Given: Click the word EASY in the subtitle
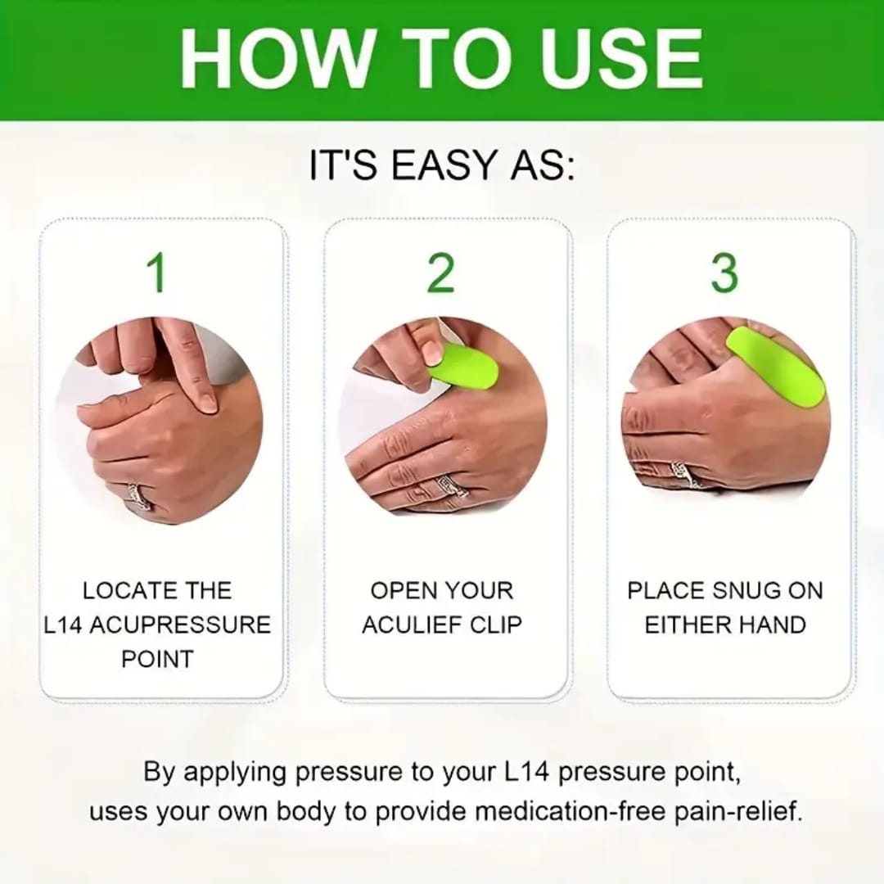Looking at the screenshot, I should pyautogui.click(x=442, y=166).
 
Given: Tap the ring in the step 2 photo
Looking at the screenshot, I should pyautogui.click(x=451, y=486).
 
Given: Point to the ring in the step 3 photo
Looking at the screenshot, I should pyautogui.click(x=682, y=473).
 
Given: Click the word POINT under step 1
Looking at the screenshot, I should pyautogui.click(x=157, y=659).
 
